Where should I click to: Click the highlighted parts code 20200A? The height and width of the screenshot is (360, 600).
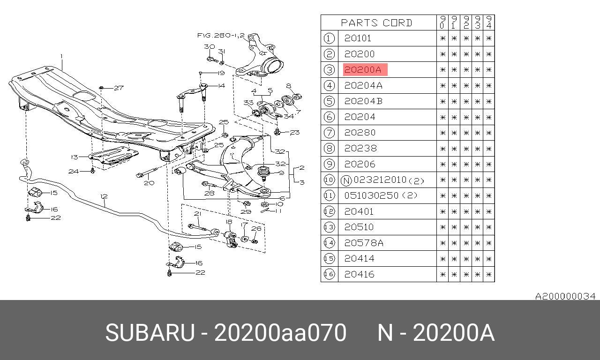tap(362, 70)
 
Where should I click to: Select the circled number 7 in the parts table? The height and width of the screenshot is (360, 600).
tap(329, 133)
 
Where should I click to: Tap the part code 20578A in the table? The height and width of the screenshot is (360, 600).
tap(363, 243)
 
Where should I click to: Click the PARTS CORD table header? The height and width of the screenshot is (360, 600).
tap(376, 23)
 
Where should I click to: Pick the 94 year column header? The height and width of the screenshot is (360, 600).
tap(489, 22)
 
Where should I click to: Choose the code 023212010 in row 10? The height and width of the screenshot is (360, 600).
tap(380, 180)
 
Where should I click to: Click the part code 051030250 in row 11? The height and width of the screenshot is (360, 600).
tap(371, 195)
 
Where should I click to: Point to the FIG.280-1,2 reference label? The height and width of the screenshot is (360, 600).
tap(221, 35)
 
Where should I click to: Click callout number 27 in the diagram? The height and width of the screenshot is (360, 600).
tap(119, 88)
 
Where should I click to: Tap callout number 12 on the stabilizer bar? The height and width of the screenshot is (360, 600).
tap(104, 196)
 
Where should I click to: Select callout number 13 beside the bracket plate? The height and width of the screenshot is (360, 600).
tap(74, 157)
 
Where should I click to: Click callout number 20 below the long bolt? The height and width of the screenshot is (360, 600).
tap(149, 183)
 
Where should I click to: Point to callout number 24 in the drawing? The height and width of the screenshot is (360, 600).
tap(74, 171)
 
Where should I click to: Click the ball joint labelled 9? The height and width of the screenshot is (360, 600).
tap(263, 173)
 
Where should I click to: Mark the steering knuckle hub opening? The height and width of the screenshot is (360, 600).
tap(273, 67)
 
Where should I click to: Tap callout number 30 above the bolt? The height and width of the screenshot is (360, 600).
tap(209, 46)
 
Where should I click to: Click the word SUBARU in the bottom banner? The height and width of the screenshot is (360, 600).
tap(150, 333)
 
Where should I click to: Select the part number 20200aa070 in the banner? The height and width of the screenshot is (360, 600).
tap(280, 333)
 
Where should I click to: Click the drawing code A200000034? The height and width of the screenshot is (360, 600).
tap(565, 296)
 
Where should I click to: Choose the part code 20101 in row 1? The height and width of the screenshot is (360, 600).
tap(358, 38)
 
